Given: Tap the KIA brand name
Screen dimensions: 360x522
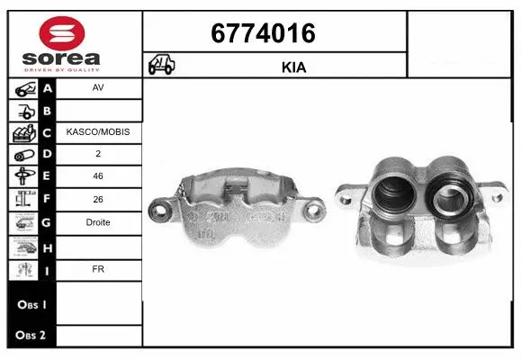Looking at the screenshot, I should click(x=294, y=67).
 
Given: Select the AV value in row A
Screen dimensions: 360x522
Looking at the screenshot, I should click(x=98, y=89).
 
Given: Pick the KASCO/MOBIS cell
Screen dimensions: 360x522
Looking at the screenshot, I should click(x=98, y=132).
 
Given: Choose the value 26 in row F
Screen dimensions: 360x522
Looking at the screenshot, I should click(x=98, y=200).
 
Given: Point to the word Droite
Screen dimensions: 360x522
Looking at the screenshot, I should click(x=98, y=222).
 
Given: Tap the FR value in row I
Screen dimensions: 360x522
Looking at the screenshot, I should click(x=98, y=267).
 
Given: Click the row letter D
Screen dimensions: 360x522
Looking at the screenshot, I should click(x=48, y=155).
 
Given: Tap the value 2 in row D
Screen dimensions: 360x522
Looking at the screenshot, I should click(x=98, y=155).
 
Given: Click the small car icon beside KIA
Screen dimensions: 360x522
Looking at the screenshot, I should click(x=162, y=66).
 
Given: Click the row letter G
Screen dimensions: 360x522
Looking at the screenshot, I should click(x=48, y=222).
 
